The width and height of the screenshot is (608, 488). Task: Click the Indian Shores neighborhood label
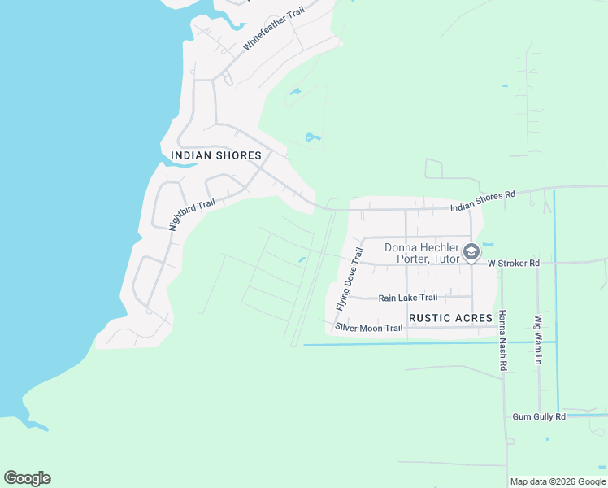click(x=216, y=155)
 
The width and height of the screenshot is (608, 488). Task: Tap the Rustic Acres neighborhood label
click(x=451, y=317)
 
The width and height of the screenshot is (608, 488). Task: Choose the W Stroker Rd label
click(x=514, y=264)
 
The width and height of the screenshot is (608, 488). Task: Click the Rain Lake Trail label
click(x=408, y=298)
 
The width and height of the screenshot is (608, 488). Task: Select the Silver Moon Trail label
click(x=368, y=328)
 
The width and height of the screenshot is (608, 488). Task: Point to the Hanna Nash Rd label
click(x=503, y=340)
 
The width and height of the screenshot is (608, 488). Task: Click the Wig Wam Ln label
click(x=538, y=340)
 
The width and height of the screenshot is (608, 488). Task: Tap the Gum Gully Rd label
click(x=539, y=416)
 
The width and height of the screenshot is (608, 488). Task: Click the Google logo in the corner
click(x=27, y=478)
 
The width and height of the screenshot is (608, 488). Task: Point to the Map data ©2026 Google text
click(x=558, y=481)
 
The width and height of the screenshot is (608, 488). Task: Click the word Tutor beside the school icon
click(x=444, y=259)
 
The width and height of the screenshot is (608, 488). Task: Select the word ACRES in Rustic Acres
click(x=473, y=317)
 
